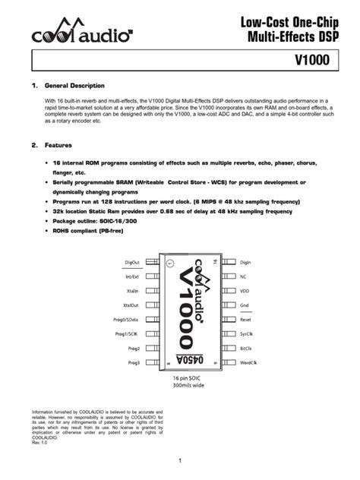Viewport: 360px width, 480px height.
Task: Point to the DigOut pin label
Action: click(x=131, y=263)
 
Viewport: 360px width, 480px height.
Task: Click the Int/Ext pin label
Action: click(x=131, y=277)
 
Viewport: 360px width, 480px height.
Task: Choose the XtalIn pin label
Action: click(x=132, y=291)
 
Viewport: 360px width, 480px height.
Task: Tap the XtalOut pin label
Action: click(x=131, y=305)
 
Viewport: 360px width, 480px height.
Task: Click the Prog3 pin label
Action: click(x=134, y=363)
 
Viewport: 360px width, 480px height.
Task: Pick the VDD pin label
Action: click(x=245, y=291)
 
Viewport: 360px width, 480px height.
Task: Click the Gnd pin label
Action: click(x=244, y=305)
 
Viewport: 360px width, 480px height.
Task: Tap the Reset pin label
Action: click(x=245, y=320)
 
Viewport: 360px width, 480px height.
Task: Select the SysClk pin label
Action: click(x=246, y=334)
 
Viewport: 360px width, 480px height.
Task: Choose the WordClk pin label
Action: click(x=248, y=363)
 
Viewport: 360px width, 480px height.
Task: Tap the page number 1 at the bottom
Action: click(x=180, y=460)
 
